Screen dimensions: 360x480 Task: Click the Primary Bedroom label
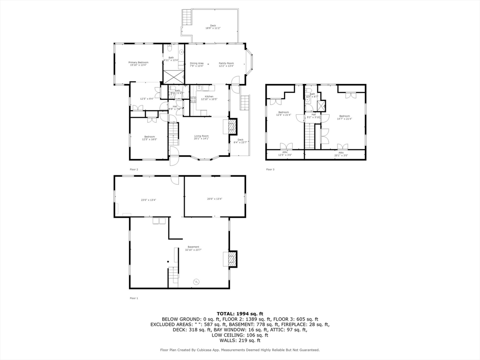139,64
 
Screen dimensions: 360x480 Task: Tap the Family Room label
226,64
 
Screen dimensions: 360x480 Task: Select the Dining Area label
197,64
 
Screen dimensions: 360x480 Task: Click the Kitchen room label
207,97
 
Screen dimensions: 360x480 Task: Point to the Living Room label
202,137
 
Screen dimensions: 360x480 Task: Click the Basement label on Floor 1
193,248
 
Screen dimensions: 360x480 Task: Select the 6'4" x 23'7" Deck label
240,141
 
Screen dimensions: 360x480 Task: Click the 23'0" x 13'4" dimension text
149,200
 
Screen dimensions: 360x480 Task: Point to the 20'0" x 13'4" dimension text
214,199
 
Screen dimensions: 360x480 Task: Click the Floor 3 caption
270,169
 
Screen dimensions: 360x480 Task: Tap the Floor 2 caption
134,169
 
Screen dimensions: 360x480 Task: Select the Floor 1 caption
134,298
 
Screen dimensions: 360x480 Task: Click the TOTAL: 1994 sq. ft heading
240,314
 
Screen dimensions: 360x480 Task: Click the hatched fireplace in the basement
232,259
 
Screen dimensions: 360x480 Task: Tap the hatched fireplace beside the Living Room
232,126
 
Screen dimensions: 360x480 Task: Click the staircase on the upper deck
187,17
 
